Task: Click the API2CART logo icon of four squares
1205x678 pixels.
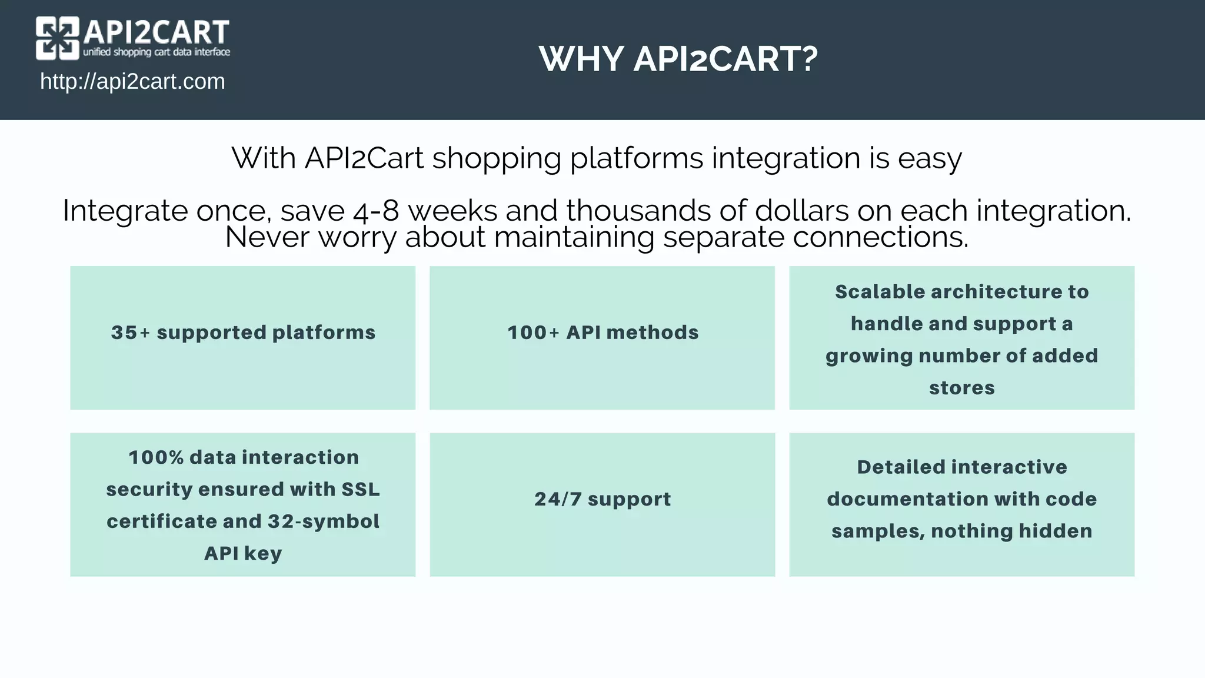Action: point(57,38)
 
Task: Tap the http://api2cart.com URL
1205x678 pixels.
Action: point(132,82)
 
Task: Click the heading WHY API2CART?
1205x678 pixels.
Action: point(678,59)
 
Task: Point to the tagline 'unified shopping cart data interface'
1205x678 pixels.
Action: point(157,52)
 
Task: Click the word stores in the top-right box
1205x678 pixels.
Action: point(961,388)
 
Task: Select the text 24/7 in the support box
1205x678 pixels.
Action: point(557,499)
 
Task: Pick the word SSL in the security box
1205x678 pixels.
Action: point(361,489)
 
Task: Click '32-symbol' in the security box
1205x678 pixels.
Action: point(323,521)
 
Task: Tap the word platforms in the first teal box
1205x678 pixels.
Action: point(324,333)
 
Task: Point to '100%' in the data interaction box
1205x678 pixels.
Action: point(155,457)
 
